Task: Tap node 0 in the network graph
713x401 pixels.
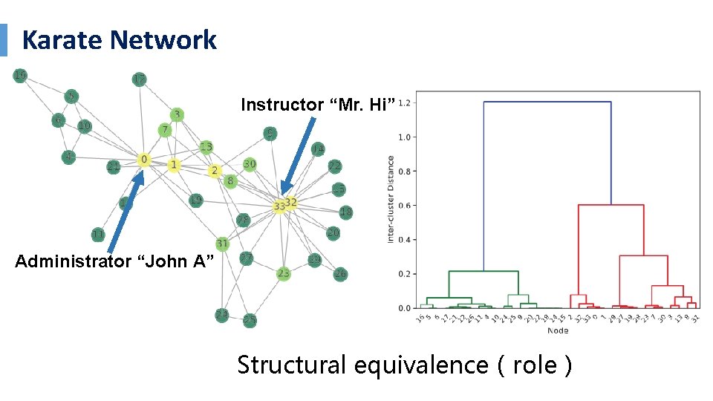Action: (x=144, y=160)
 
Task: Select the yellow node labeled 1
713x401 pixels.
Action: (x=174, y=165)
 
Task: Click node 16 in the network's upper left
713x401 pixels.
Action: (x=20, y=75)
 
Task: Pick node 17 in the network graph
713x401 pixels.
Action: (x=139, y=79)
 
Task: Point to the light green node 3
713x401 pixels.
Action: (x=176, y=114)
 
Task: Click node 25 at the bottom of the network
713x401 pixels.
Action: (x=250, y=320)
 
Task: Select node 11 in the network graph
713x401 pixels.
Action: (x=98, y=235)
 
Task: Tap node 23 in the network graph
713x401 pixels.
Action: (x=283, y=273)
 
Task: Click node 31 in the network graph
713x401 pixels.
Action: (x=222, y=244)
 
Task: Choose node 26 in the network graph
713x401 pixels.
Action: (x=340, y=273)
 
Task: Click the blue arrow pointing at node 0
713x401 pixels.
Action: (x=125, y=213)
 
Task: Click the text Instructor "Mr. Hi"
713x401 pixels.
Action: (x=317, y=105)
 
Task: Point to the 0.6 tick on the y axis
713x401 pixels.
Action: (x=404, y=205)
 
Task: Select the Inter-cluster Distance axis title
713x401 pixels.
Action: (x=391, y=199)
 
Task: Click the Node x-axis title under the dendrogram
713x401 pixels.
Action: (x=558, y=330)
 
